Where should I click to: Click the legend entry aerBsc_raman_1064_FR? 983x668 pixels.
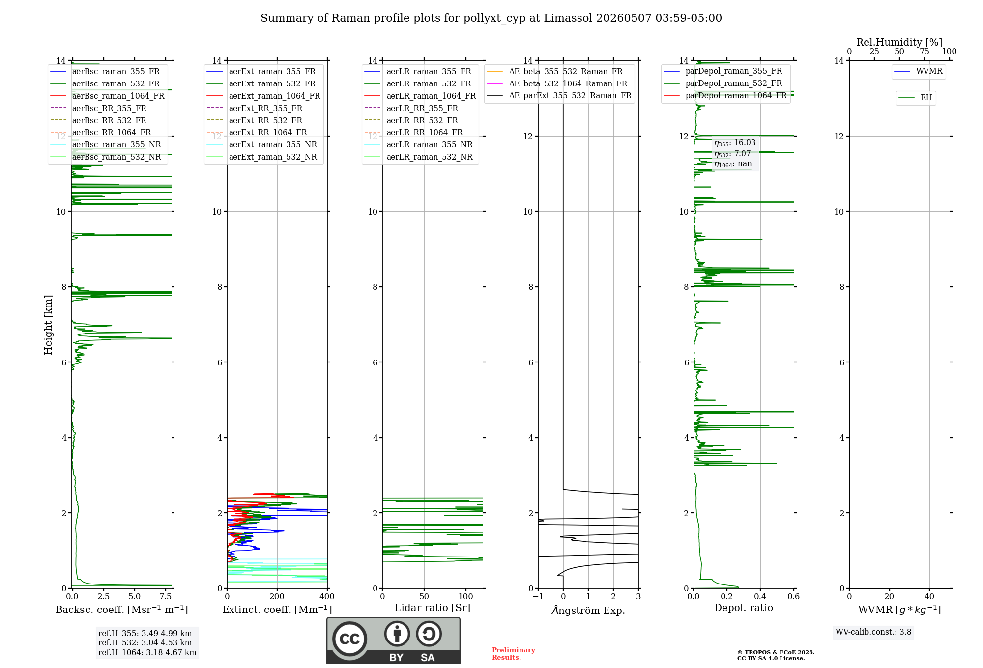coord(118,96)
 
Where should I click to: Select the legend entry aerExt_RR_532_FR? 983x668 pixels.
coord(265,120)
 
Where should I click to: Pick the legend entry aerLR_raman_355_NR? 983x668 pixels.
coord(430,144)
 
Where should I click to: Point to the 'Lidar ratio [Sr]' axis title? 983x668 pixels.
coord(433,608)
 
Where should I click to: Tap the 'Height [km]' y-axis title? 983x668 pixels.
coord(48,325)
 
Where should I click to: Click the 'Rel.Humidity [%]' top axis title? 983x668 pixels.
coord(899,42)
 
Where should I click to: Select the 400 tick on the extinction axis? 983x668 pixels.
coord(327,596)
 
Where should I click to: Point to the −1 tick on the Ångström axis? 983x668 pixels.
coord(538,596)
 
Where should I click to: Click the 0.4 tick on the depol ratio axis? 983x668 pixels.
coord(760,596)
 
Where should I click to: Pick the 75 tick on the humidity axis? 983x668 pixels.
coord(925,52)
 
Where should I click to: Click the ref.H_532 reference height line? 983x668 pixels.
coord(145,642)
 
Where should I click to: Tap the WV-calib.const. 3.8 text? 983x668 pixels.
coord(873,632)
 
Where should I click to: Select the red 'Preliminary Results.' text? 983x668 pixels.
coord(514,654)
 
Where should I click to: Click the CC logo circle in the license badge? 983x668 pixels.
coord(349,639)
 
